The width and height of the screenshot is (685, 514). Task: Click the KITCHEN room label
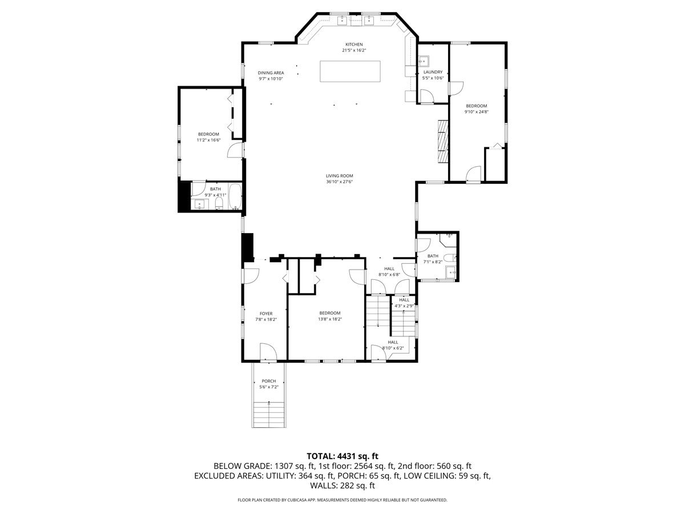click(353, 45)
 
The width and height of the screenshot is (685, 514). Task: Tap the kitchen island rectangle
click(350, 71)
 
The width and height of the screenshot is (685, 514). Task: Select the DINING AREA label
click(271, 73)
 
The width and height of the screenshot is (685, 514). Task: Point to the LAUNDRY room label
click(433, 72)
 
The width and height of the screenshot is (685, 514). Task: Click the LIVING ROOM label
click(340, 176)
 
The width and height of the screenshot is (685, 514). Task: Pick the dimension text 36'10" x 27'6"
click(340, 182)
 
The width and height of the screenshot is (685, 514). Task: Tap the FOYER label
click(266, 314)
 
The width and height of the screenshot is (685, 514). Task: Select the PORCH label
click(269, 381)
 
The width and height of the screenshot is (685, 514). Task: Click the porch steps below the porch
click(269, 414)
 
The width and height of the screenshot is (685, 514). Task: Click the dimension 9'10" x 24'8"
click(476, 112)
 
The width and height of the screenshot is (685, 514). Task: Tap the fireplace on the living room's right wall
click(443, 141)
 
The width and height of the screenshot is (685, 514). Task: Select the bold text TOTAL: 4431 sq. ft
click(342, 456)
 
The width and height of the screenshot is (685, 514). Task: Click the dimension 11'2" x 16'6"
click(208, 140)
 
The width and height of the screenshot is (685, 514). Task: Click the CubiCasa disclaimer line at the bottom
click(342, 500)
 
